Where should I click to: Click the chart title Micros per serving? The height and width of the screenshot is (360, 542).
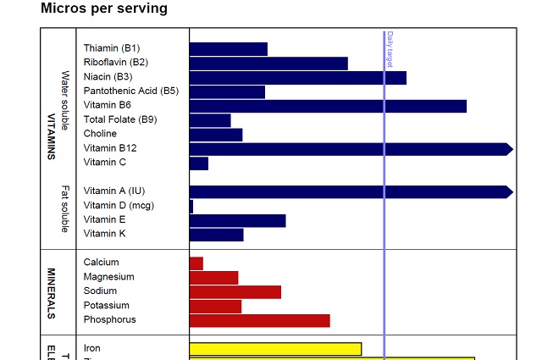coord(104,8)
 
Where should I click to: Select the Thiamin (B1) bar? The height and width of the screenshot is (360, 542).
coord(228,49)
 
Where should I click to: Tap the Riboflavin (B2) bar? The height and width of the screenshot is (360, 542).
coord(268,64)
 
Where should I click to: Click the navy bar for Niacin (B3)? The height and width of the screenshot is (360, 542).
coord(297,78)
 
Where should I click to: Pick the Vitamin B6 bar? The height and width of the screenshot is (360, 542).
coord(328,106)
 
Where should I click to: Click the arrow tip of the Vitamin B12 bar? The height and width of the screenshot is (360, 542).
coord(509,149)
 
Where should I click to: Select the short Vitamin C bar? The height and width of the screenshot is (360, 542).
coord(199,163)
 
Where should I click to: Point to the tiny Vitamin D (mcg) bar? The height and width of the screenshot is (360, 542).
coord(191,206)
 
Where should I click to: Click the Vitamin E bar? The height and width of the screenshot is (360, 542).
coord(237,220)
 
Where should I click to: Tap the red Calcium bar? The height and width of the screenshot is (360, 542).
coord(196,263)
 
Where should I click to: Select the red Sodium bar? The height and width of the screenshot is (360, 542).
coord(235,292)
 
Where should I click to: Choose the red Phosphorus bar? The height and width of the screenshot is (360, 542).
coord(259,320)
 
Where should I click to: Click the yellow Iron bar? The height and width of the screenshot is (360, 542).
coord(275,349)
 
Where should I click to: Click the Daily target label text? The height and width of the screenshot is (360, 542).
coord(390,49)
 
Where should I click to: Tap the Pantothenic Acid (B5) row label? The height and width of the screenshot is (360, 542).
coord(131,91)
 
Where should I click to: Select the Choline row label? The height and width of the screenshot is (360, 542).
coord(100,134)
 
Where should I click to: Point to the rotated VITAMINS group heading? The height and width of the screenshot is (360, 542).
coord(51,136)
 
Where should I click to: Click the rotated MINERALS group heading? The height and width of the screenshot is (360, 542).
coord(51,293)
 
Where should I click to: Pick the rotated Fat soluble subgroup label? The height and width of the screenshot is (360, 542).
coord(65,208)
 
